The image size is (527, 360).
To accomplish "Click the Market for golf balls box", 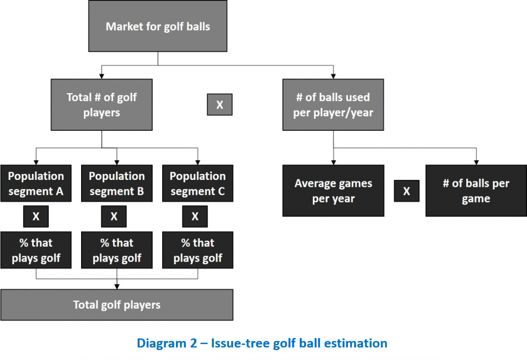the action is (x=158, y=26).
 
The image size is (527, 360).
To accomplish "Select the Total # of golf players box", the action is (x=101, y=104).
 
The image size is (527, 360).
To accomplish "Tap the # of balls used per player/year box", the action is (x=333, y=104).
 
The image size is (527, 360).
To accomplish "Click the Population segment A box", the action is (x=36, y=184).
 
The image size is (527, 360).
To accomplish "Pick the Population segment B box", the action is (x=117, y=184).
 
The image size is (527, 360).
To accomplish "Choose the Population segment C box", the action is (x=198, y=184).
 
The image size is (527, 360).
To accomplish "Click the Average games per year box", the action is (x=333, y=191).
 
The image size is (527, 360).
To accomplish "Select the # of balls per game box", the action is (x=476, y=191).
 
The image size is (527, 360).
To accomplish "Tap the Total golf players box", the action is (x=117, y=305).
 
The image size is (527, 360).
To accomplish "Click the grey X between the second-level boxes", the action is (x=219, y=104).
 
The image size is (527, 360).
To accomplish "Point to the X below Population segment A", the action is (x=36, y=217).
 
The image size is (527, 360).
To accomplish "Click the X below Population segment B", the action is (x=114, y=217).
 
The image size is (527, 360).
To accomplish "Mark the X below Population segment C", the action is (x=195, y=217).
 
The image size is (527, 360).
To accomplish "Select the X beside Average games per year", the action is (x=407, y=191).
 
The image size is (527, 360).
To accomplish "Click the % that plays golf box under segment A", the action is (x=36, y=250).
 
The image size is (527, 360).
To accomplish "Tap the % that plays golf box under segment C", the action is (x=198, y=250).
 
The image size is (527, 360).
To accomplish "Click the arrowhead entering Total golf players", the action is (x=117, y=286).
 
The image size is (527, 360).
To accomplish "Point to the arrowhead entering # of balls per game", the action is (x=476, y=162).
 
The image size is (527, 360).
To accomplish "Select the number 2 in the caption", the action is (x=193, y=343).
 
